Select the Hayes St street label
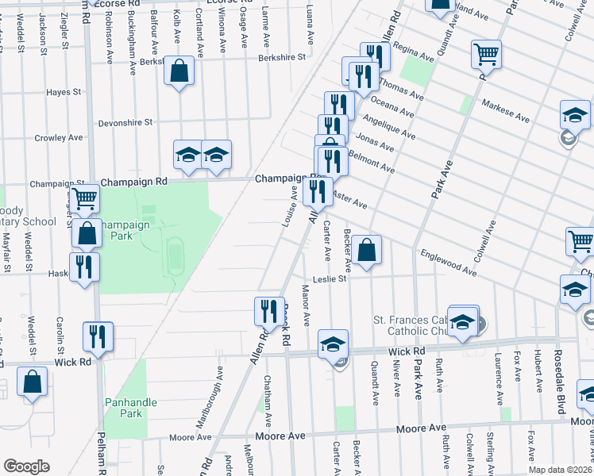(x=64, y=92)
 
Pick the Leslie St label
(x=330, y=278)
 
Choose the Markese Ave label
(x=506, y=112)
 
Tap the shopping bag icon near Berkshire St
(x=179, y=71)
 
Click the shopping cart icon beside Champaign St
(x=83, y=198)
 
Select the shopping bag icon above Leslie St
(x=366, y=251)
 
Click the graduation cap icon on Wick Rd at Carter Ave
(x=334, y=344)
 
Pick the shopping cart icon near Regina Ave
(x=485, y=55)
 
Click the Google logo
(x=26, y=466)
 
